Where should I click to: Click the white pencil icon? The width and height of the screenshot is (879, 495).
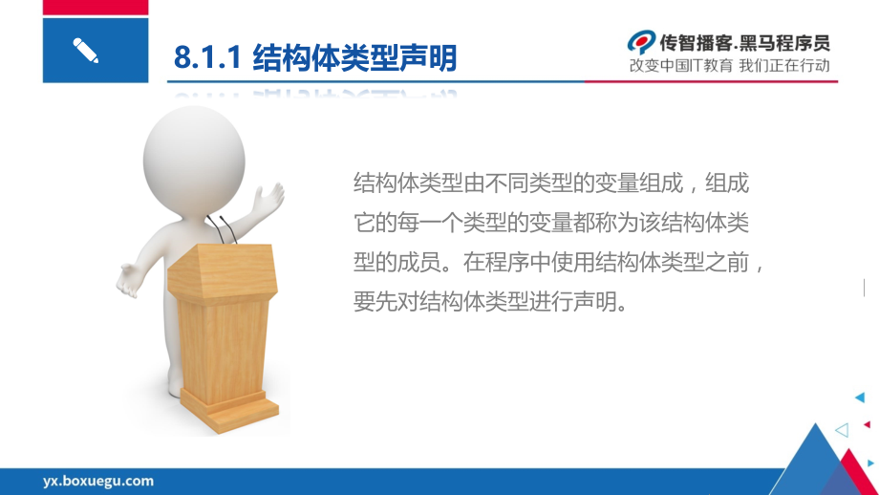86,51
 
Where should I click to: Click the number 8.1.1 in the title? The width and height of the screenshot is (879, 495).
207,57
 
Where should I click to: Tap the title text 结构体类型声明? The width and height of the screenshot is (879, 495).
354,57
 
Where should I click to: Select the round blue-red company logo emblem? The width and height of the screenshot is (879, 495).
641,43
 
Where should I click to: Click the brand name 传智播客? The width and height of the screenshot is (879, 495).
696,43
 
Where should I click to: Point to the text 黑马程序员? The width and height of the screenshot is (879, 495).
784,43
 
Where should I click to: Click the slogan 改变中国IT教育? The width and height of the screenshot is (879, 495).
680,66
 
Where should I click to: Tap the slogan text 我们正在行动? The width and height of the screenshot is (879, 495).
784,66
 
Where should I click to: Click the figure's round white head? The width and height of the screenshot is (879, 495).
194,161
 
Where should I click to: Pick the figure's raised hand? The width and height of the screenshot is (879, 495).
269,199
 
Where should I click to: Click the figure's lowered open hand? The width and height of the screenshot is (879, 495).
130,279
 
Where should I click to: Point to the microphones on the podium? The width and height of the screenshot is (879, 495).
222,228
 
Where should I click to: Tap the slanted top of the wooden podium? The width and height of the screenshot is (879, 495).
223,273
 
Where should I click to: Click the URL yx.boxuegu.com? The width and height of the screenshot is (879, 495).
98,481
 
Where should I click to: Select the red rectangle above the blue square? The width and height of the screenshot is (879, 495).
96,8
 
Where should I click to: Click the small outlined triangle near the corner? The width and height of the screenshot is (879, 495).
842,430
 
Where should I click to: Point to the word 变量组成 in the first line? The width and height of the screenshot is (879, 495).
638,183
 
